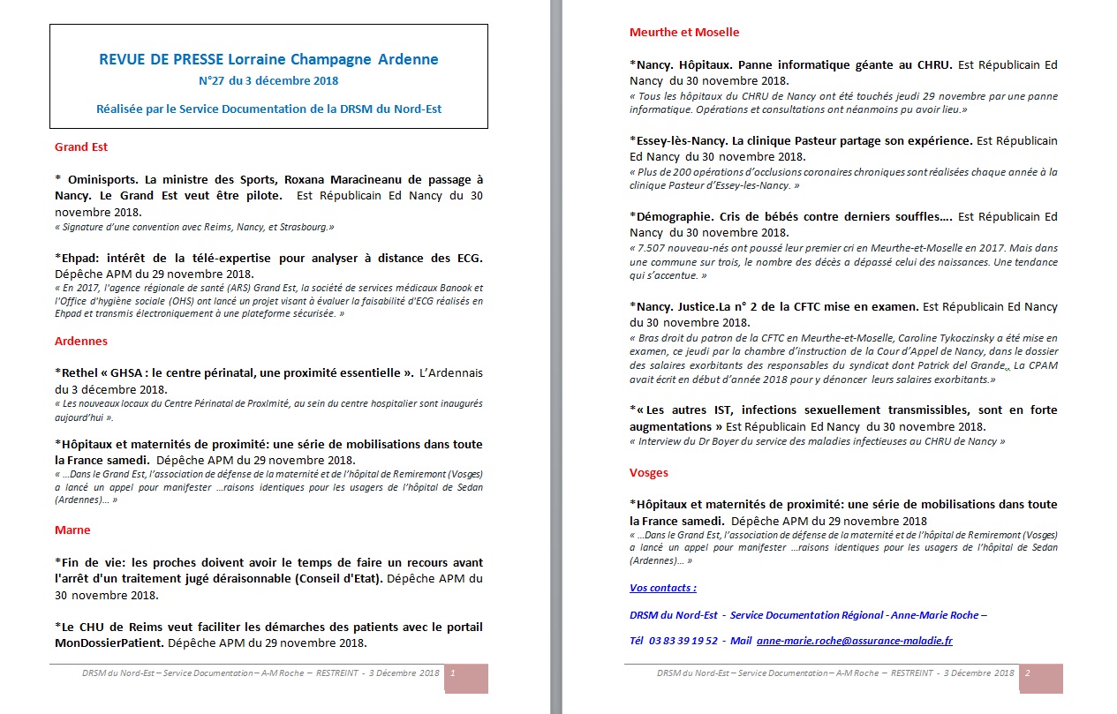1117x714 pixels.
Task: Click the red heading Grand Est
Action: [x=81, y=147]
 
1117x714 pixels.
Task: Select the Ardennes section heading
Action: [x=81, y=341]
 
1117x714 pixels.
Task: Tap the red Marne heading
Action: [x=72, y=530]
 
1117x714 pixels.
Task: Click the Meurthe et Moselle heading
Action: [x=684, y=32]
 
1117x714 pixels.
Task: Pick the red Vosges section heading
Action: [x=649, y=472]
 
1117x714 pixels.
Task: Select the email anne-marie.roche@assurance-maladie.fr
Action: [x=854, y=641]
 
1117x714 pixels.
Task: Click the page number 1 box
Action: [x=453, y=673]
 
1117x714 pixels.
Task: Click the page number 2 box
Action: [x=1028, y=673]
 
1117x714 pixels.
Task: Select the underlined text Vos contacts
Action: [x=662, y=588]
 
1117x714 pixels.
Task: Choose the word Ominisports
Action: [x=103, y=179]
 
